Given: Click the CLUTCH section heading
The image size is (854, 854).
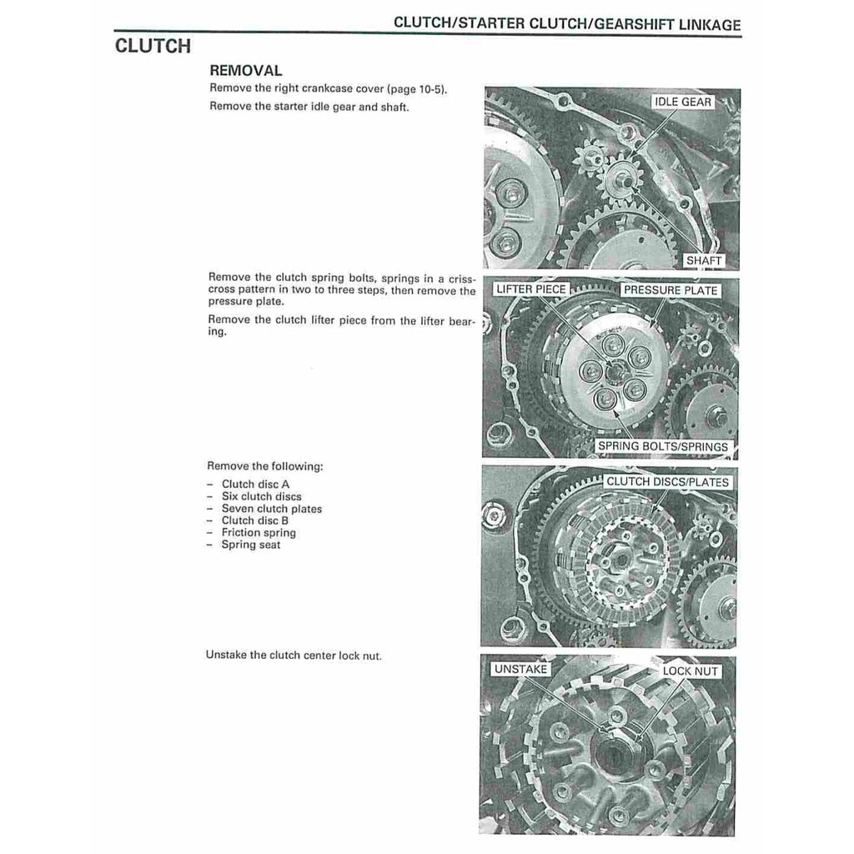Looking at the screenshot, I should [153, 45].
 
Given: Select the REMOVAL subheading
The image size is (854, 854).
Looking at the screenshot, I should [245, 72].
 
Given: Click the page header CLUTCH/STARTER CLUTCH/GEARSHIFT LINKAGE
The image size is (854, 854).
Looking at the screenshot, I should [566, 24].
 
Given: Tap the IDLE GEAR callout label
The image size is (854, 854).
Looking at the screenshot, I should [683, 102].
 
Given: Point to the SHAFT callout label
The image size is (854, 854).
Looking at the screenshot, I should [702, 260].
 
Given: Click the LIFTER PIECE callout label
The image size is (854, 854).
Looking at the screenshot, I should [530, 289].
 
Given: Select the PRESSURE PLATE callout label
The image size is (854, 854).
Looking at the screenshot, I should [670, 290].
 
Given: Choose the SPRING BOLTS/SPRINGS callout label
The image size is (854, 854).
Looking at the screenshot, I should [662, 446].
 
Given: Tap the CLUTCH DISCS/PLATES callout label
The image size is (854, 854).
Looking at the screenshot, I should [666, 482].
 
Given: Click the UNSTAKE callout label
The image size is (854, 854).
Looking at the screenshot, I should [520, 670].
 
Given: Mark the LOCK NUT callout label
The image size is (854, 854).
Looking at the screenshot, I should [690, 671].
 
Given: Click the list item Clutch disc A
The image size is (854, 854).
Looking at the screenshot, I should [255, 485].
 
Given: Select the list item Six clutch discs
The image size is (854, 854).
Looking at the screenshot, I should [261, 496].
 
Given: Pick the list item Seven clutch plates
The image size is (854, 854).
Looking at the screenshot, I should [271, 509].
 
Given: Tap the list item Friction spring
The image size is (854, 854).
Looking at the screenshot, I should [258, 533].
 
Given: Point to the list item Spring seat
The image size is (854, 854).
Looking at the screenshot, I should [250, 545].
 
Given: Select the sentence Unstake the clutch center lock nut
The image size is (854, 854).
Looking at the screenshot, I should [294, 656].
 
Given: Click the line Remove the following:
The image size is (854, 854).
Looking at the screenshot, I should [264, 466].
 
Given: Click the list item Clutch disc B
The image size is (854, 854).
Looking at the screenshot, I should [255, 520].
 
